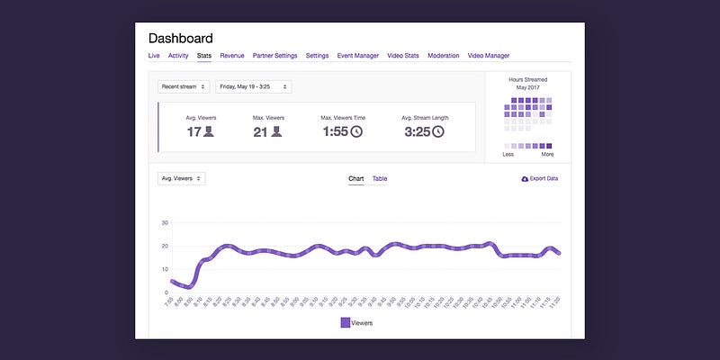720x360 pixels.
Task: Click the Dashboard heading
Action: click(x=180, y=39)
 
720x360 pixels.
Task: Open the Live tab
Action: click(x=154, y=56)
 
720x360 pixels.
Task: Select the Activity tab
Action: click(x=178, y=56)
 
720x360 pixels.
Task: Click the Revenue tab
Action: click(x=232, y=56)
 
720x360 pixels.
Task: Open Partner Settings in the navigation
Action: click(x=274, y=56)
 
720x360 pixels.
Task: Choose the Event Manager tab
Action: click(x=357, y=56)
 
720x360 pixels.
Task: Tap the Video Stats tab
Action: click(x=403, y=56)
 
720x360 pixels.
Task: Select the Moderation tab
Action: click(x=443, y=56)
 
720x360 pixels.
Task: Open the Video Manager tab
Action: click(x=489, y=56)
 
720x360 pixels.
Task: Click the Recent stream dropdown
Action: click(x=184, y=86)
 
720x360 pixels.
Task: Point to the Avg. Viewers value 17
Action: click(x=194, y=131)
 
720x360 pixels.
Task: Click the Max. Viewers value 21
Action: click(x=260, y=131)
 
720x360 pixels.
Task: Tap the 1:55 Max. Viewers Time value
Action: click(x=335, y=131)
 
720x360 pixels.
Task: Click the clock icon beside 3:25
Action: click(x=438, y=131)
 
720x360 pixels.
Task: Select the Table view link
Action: click(x=380, y=179)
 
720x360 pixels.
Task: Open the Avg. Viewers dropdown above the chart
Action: click(x=181, y=178)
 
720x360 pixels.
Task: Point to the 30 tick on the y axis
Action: click(x=165, y=222)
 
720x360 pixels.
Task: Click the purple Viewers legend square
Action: click(x=346, y=322)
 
